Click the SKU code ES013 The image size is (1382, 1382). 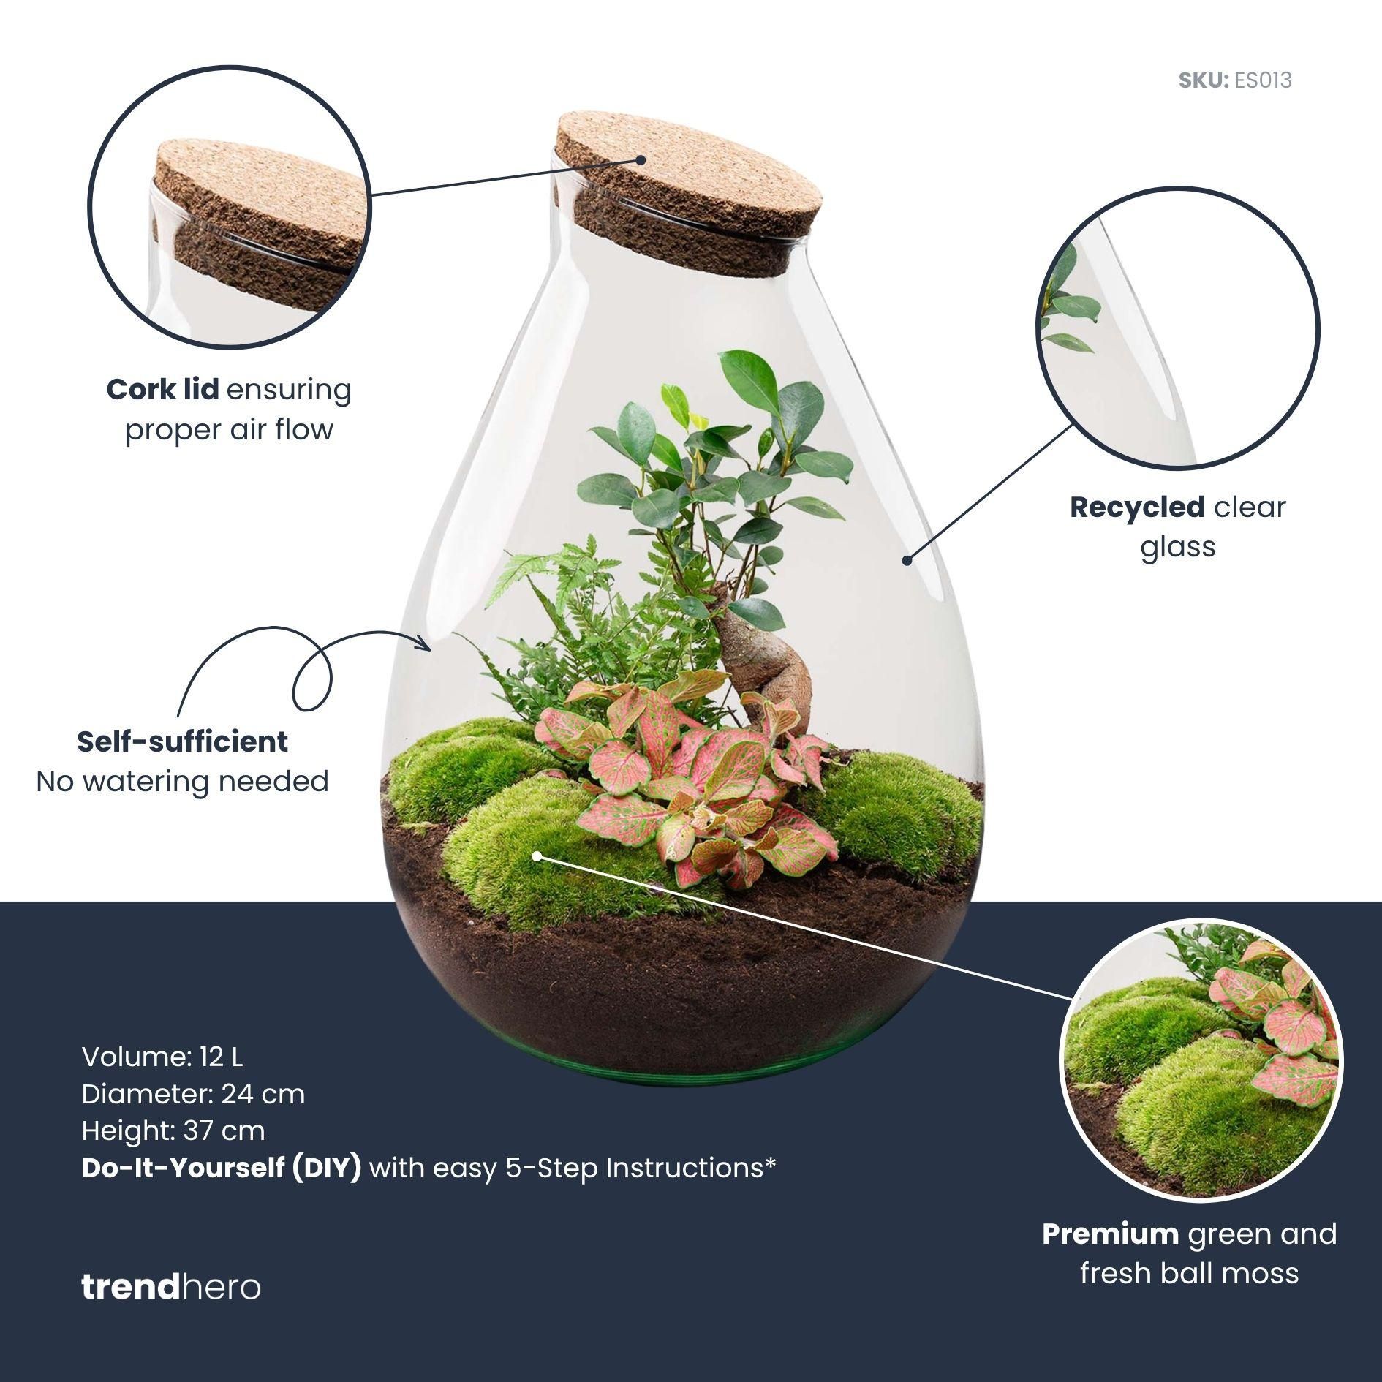1262,80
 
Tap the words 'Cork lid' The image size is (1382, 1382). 162,390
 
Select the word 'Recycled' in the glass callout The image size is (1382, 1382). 1137,507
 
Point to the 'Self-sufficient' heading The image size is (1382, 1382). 182,742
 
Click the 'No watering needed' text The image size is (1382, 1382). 182,782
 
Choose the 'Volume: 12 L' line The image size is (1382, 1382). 162,1057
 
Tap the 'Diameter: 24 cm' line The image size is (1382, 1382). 193,1094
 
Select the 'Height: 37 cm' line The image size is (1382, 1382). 173,1130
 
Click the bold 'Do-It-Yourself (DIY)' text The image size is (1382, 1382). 221,1168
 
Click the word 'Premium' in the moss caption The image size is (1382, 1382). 1110,1234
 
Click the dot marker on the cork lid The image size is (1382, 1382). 641,159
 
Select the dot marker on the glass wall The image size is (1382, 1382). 907,560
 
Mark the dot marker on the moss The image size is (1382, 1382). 537,856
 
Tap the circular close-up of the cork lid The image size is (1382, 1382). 230,206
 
